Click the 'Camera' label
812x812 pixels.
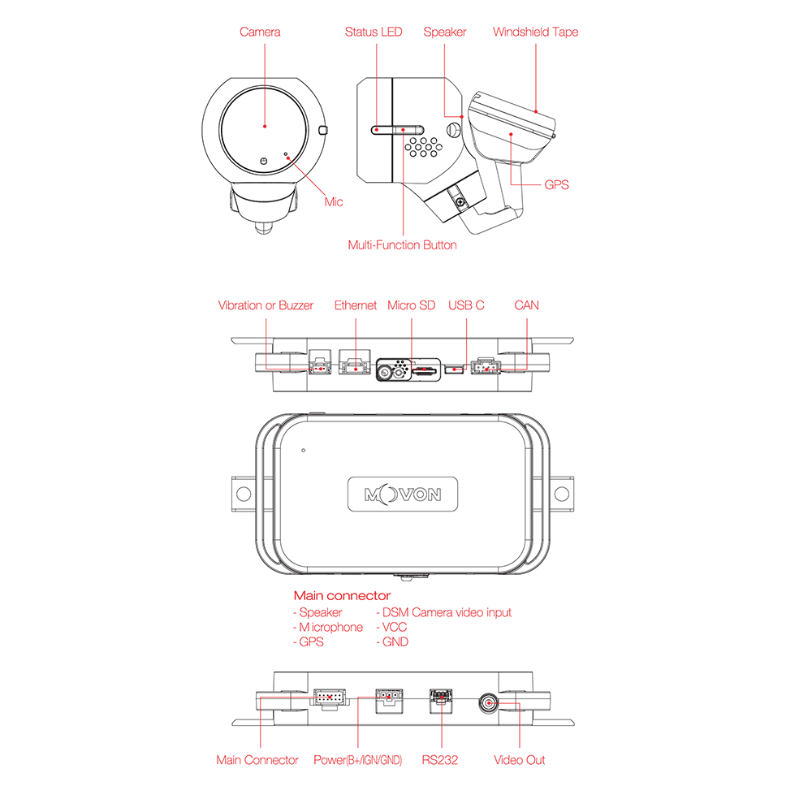[x=260, y=32]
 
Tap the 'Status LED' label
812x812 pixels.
[x=374, y=32]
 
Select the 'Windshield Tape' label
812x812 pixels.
[x=535, y=32]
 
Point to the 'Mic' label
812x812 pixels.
[x=334, y=202]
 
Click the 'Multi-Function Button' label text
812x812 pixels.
[x=403, y=245]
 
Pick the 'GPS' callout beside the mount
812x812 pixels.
[x=556, y=185]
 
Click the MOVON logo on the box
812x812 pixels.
[x=403, y=495]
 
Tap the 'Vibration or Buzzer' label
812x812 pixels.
[x=266, y=305]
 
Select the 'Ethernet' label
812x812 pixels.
[x=356, y=305]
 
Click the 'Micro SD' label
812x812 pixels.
[x=411, y=305]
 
